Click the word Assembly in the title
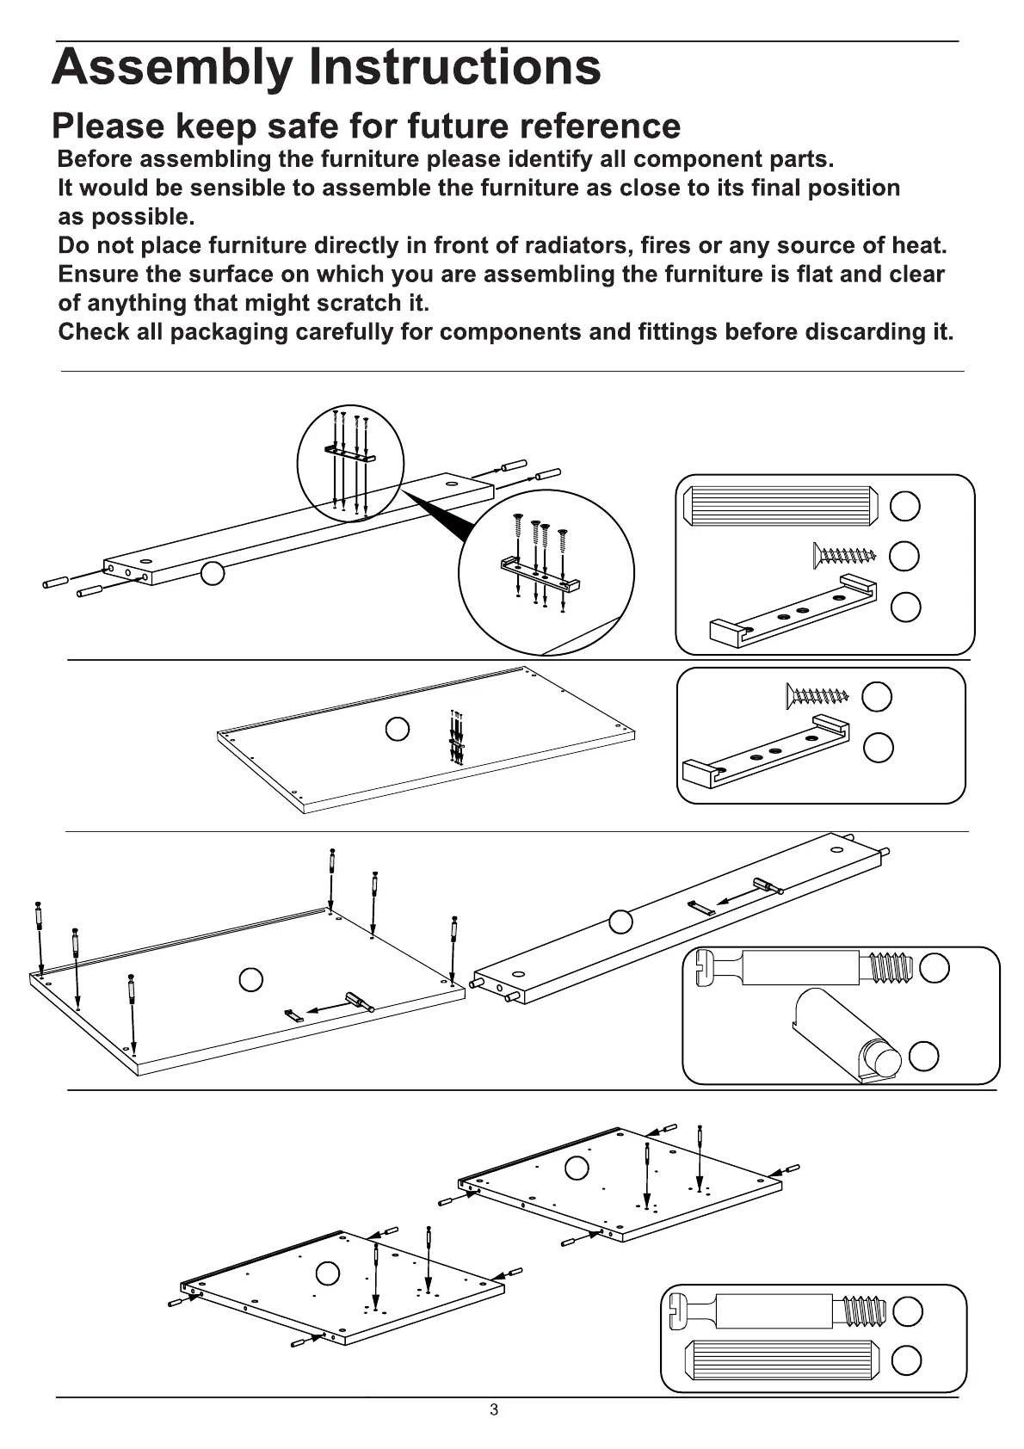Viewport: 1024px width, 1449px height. (171, 67)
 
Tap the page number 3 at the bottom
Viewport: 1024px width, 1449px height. (494, 1409)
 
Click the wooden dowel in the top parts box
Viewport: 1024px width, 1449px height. (780, 505)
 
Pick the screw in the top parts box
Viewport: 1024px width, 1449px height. (843, 554)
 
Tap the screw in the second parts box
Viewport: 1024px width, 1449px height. (817, 694)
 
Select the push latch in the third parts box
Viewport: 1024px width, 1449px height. (848, 1033)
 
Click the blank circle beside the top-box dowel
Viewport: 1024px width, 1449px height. (904, 506)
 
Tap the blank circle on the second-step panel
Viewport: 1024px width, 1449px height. (397, 729)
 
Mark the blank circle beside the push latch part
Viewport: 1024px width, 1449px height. (923, 1056)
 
